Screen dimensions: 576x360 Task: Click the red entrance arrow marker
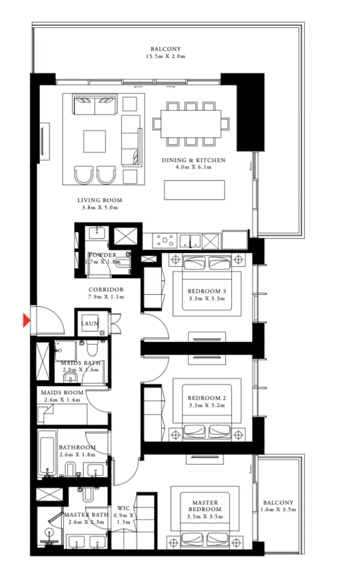(x=26, y=320)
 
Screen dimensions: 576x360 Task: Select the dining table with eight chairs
(x=191, y=124)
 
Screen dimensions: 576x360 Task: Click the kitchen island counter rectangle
(x=194, y=190)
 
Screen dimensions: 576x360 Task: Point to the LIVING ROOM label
(x=99, y=200)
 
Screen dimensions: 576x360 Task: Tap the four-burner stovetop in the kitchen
(x=165, y=241)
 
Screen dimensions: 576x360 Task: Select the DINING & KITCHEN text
(x=193, y=160)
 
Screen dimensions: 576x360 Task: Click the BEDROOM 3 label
(x=207, y=292)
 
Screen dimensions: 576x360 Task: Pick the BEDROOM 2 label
(x=207, y=398)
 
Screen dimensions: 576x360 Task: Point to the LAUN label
(x=89, y=324)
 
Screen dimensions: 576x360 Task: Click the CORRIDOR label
(x=106, y=290)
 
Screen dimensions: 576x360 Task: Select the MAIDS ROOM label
(x=62, y=393)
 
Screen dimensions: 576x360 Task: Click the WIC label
(x=123, y=508)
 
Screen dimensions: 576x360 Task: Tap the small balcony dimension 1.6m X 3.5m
(x=278, y=509)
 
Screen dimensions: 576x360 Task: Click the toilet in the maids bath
(x=93, y=347)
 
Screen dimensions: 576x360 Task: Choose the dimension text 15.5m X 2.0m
(x=165, y=56)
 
